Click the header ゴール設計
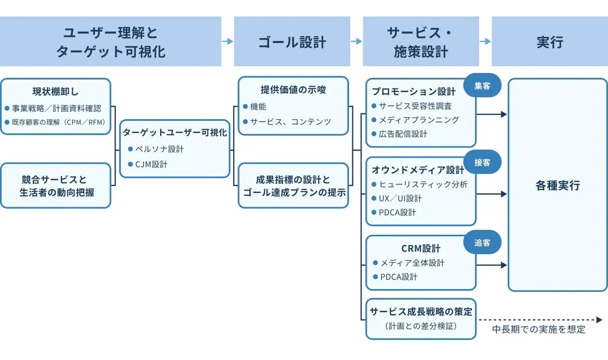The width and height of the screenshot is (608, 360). coord(292,42)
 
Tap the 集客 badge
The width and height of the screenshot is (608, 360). coord(482,86)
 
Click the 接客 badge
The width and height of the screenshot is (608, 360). coord(482,162)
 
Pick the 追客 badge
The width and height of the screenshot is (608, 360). coord(482,243)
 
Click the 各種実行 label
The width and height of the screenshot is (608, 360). coord(557,186)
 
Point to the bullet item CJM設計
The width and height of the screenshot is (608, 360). coord(151,164)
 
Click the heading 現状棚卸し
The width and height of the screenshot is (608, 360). coord(55,92)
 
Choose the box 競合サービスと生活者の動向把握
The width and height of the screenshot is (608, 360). coord(56,186)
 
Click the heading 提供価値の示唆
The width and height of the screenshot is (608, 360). coord(293,90)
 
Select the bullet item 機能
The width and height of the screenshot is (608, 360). coord(258,107)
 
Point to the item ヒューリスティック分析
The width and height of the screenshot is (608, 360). coord(424,185)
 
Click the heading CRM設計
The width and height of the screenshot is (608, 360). coord(421,248)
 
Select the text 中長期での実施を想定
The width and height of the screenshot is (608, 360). coord(539,330)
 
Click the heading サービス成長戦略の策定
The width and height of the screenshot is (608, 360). coord(421,312)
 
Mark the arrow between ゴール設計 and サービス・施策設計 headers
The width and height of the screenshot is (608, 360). coord(356,42)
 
